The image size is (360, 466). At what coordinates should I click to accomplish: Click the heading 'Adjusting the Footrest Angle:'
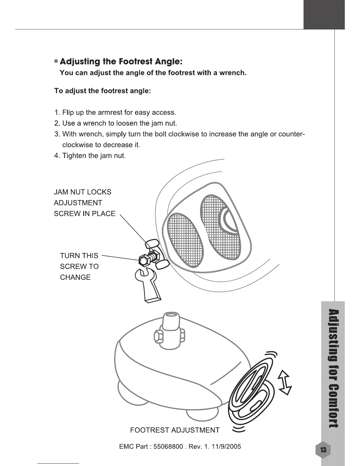coord(121,62)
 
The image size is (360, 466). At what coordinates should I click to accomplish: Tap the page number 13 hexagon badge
coord(323,450)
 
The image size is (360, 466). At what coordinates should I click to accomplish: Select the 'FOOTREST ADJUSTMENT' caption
coord(175,430)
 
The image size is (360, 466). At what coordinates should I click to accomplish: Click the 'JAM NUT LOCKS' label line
coord(83,192)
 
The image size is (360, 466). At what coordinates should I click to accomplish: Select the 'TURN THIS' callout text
coord(79,256)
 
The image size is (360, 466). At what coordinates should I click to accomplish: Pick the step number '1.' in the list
coord(57,113)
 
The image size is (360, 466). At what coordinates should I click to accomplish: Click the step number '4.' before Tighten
coord(57,156)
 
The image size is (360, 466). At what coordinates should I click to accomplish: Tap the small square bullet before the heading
coord(56,61)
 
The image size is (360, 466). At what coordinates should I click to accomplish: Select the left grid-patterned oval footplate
coord(185,239)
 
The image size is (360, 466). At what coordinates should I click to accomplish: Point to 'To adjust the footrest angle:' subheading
coord(103,91)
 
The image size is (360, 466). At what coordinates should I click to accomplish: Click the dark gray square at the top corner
coord(324,14)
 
